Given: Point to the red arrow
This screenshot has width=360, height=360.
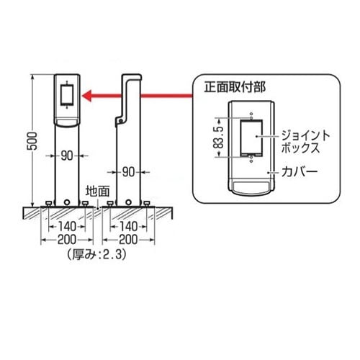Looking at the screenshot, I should pyautogui.click(x=137, y=94).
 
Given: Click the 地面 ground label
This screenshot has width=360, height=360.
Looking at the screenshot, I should pyautogui.click(x=97, y=191).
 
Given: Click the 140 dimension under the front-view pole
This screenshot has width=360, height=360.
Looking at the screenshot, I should pyautogui.click(x=69, y=225).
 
